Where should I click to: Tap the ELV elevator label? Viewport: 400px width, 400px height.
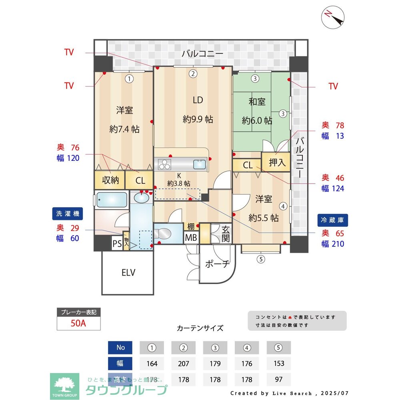pyautogui.click(x=128, y=273)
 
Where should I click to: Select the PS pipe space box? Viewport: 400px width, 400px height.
pyautogui.click(x=117, y=244)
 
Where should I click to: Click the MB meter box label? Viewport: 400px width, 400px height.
pyautogui.click(x=191, y=238)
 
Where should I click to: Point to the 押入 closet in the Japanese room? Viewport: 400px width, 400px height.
pyautogui.click(x=277, y=162)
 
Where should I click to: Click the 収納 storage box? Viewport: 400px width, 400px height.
pyautogui.click(x=110, y=180)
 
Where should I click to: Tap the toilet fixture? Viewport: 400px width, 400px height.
pyautogui.click(x=164, y=232)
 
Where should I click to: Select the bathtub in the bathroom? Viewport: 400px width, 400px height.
pyautogui.click(x=112, y=199)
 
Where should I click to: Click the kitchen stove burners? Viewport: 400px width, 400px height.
pyautogui.click(x=165, y=164)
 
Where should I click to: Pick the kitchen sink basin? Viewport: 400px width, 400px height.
pyautogui.click(x=199, y=164)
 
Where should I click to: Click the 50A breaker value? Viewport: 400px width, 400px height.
pyautogui.click(x=78, y=323)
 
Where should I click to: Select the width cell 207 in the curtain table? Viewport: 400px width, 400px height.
pyautogui.click(x=184, y=363)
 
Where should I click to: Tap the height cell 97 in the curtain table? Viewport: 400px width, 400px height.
pyautogui.click(x=279, y=379)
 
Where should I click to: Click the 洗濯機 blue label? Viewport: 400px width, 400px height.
pyautogui.click(x=66, y=214)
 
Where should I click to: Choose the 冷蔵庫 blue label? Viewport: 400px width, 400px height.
pyautogui.click(x=333, y=220)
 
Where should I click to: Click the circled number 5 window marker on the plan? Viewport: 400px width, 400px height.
pyautogui.click(x=261, y=259)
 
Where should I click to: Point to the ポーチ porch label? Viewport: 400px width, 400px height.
pyautogui.click(x=218, y=264)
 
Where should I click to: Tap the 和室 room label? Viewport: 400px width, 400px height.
pyautogui.click(x=257, y=102)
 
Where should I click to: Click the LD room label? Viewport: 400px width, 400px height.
pyautogui.click(x=198, y=100)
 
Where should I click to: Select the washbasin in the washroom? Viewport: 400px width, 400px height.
pyautogui.click(x=140, y=197)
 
